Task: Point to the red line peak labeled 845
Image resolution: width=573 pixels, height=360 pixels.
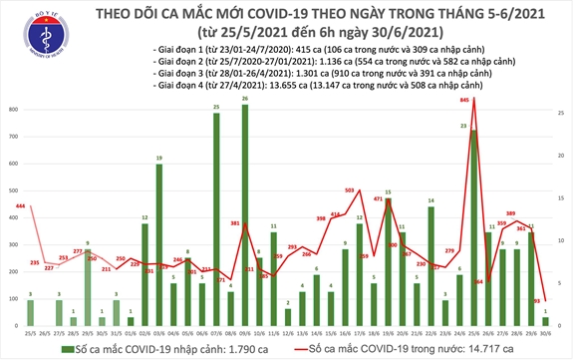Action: [473, 99]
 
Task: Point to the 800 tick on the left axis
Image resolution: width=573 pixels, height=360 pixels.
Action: [12, 109]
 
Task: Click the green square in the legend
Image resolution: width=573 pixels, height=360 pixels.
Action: [64, 348]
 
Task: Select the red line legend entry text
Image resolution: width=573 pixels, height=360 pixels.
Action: [417, 348]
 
